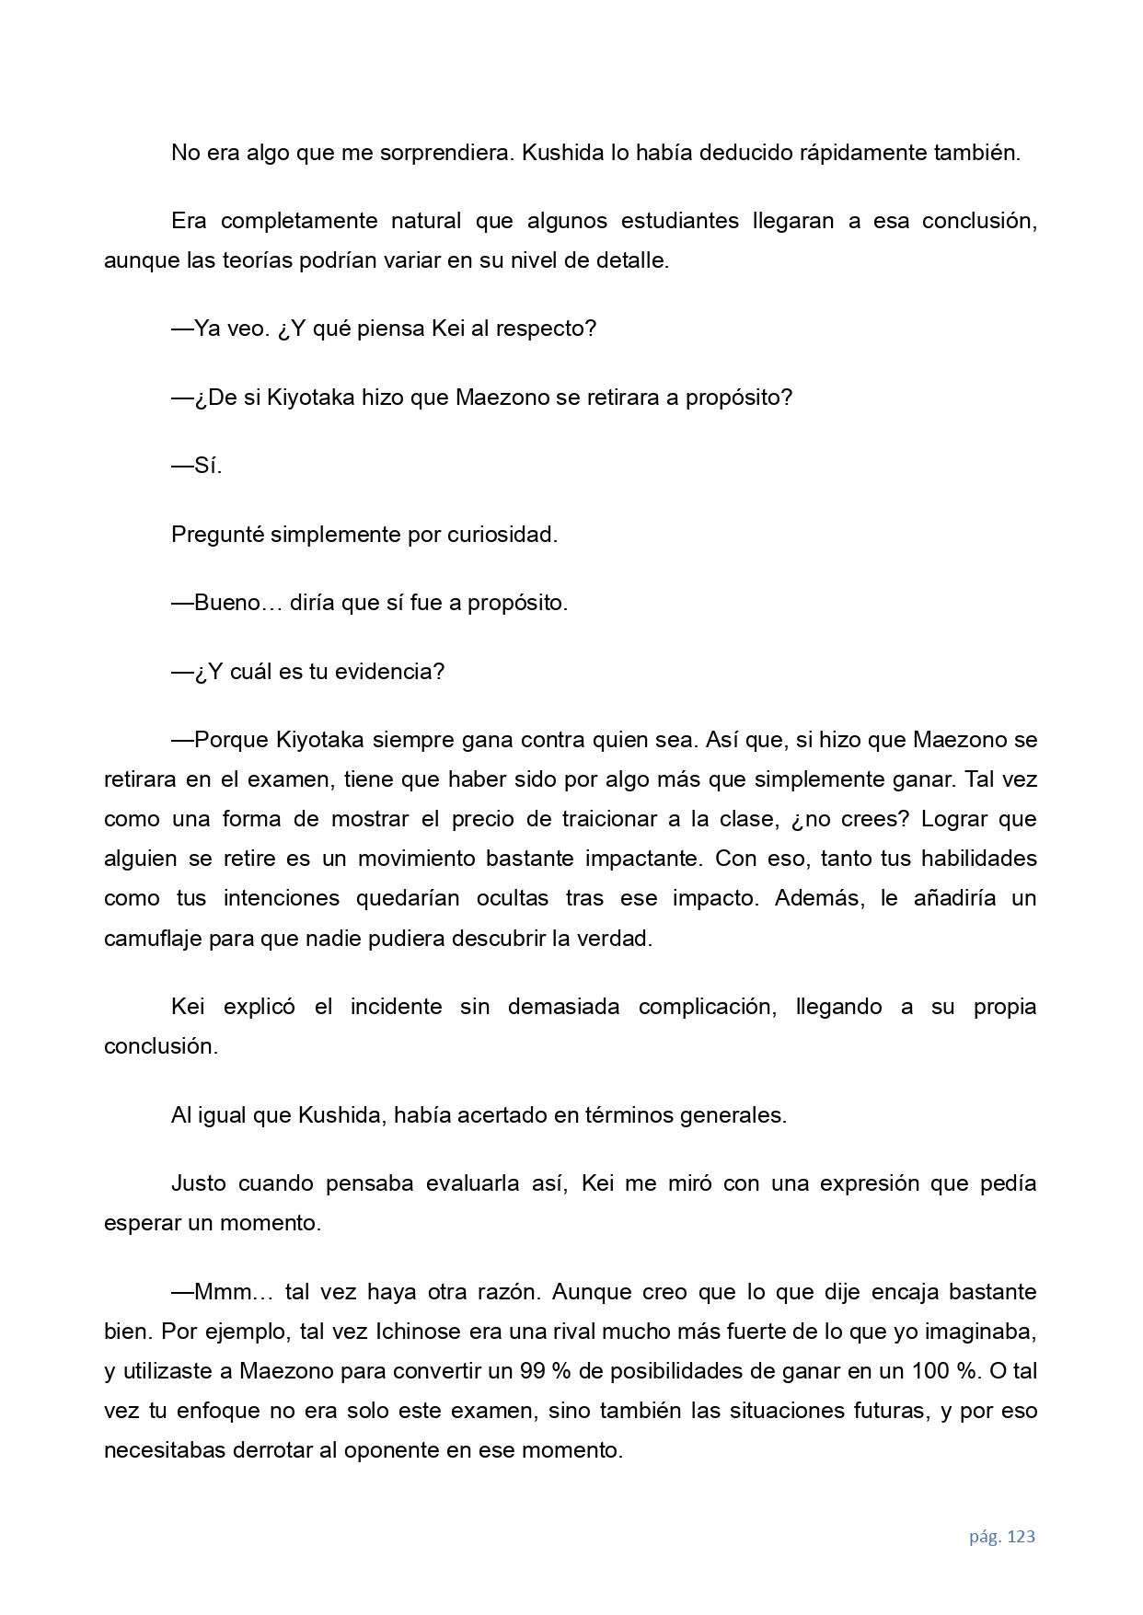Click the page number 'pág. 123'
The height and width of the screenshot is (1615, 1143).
(x=1001, y=1537)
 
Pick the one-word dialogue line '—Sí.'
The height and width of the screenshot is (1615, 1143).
(x=197, y=466)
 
